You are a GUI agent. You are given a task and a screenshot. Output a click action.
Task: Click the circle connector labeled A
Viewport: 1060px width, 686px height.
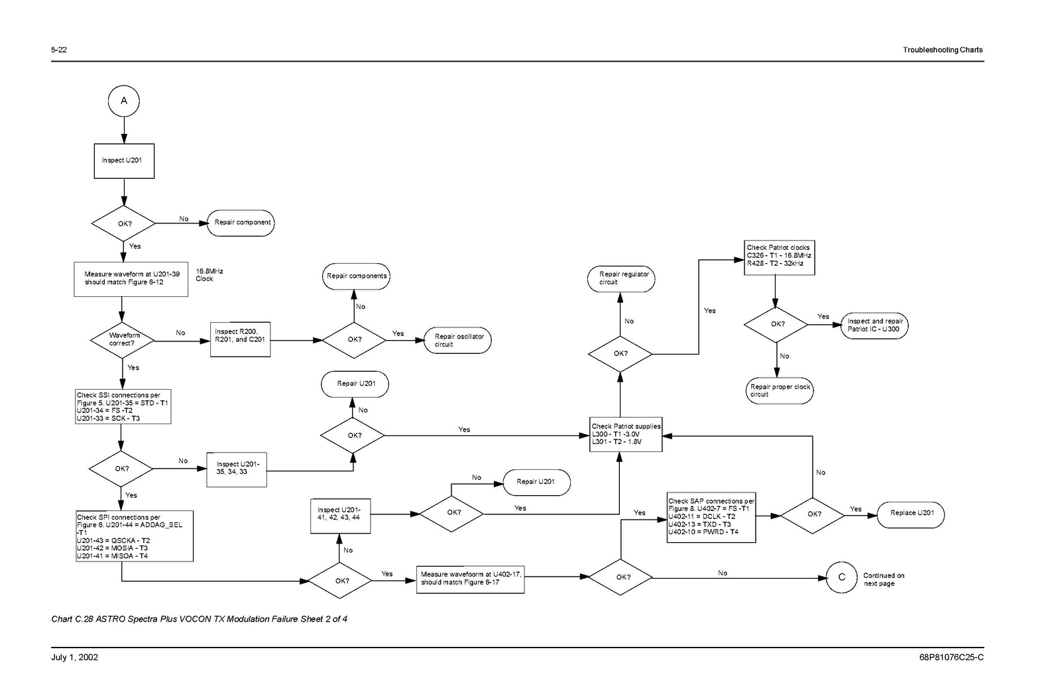[x=123, y=101]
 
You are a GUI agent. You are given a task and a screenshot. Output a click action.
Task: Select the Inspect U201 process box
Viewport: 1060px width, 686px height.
[x=123, y=160]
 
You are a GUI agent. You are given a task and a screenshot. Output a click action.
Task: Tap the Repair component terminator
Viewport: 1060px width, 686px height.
[x=241, y=223]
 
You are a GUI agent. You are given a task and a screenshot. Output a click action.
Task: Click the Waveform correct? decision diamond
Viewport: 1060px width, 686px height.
[x=123, y=339]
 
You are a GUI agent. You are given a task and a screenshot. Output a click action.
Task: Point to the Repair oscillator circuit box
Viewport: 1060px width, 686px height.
[x=458, y=340]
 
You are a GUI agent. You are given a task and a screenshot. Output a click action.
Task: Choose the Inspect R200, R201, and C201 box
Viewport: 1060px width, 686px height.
[x=240, y=339]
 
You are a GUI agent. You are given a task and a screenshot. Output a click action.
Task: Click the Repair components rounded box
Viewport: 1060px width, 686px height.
[x=356, y=276]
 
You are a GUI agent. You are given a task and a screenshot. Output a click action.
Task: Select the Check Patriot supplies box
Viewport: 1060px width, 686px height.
[x=626, y=434]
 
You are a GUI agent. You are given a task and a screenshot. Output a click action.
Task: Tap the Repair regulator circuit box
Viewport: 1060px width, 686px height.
[x=621, y=278]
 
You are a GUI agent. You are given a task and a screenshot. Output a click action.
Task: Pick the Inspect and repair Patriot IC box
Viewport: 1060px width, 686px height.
[x=874, y=325]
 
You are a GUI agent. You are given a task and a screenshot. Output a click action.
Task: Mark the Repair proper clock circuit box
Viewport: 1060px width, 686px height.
[x=779, y=390]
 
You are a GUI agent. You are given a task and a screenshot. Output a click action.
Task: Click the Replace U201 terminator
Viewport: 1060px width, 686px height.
[x=911, y=513]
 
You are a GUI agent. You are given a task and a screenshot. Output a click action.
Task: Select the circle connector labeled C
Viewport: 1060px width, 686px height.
[x=841, y=577]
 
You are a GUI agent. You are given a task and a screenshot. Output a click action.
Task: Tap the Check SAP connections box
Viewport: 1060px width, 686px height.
[x=711, y=517]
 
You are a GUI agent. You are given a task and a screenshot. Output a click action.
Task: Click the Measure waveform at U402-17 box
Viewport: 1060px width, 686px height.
[x=470, y=579]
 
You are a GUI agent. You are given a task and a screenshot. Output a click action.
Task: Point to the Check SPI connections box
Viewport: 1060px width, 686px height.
[x=135, y=536]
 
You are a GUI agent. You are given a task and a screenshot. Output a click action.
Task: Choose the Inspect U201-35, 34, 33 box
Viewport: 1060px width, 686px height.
[x=237, y=469]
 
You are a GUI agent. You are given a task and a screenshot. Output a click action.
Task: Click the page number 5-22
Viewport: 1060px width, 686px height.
[x=59, y=50]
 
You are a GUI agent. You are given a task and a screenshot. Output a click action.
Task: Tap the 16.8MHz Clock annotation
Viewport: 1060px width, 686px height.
[x=209, y=275]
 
